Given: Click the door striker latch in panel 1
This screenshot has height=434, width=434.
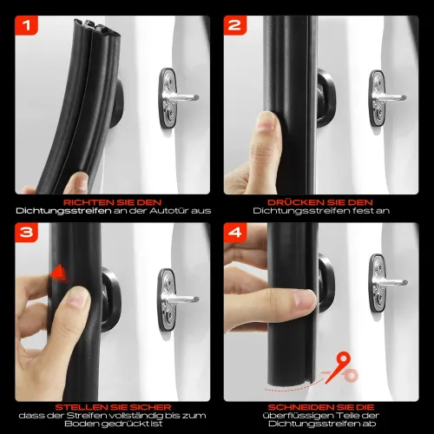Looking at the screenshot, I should [169, 102].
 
